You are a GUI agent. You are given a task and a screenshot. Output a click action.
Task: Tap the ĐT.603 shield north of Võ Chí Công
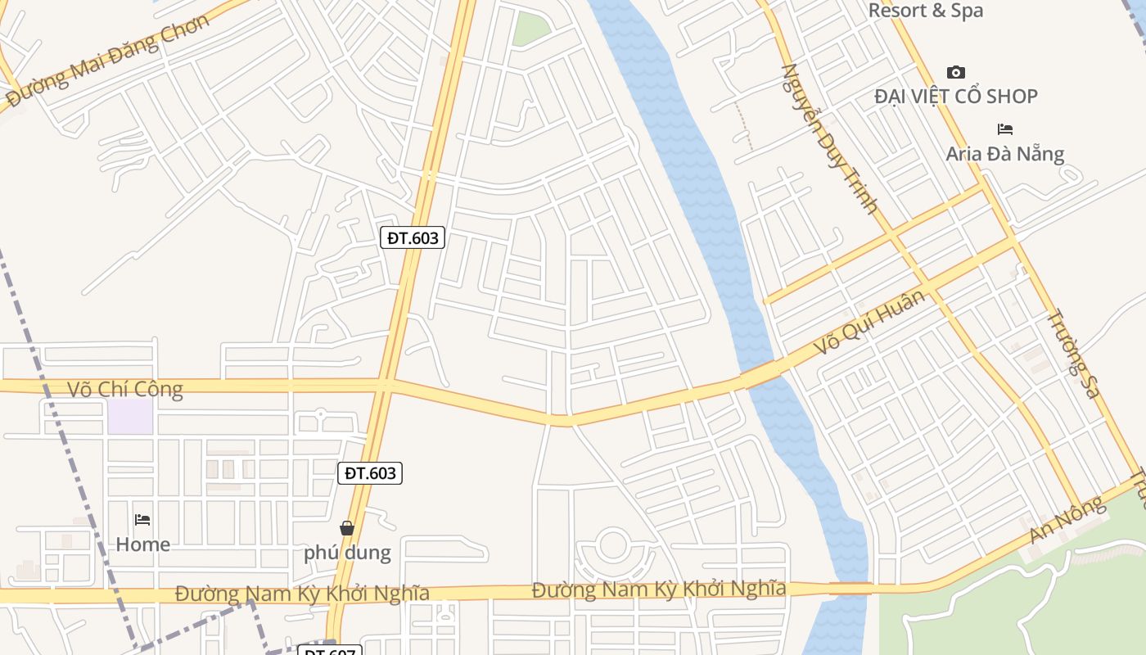click(413, 238)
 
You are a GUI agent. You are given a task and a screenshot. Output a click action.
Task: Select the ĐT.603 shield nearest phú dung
click(370, 473)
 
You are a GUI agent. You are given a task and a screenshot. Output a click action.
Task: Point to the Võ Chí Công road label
click(124, 389)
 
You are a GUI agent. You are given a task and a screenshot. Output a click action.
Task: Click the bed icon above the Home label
click(142, 520)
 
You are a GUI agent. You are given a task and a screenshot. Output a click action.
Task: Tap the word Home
click(142, 544)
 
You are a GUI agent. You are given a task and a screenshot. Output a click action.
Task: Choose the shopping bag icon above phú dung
click(347, 528)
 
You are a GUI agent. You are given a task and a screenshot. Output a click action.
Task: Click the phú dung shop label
click(347, 553)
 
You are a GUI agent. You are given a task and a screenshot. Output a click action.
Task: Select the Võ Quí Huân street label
click(869, 322)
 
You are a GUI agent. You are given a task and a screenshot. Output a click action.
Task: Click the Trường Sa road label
click(1073, 353)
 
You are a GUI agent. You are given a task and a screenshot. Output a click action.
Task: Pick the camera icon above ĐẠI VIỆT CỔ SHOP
click(955, 73)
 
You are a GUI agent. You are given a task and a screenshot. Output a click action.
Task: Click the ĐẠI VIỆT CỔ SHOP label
click(955, 97)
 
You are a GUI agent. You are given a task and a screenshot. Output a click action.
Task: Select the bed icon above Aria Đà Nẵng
click(1005, 129)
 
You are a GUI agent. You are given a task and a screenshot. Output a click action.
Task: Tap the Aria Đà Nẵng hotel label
click(1005, 154)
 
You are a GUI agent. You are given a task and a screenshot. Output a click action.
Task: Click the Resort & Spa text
click(925, 11)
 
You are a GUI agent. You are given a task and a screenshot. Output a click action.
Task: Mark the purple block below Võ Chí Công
click(130, 417)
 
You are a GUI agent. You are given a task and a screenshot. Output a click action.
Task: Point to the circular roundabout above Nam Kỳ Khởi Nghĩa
click(611, 545)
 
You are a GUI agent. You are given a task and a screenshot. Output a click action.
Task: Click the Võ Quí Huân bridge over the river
click(760, 376)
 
